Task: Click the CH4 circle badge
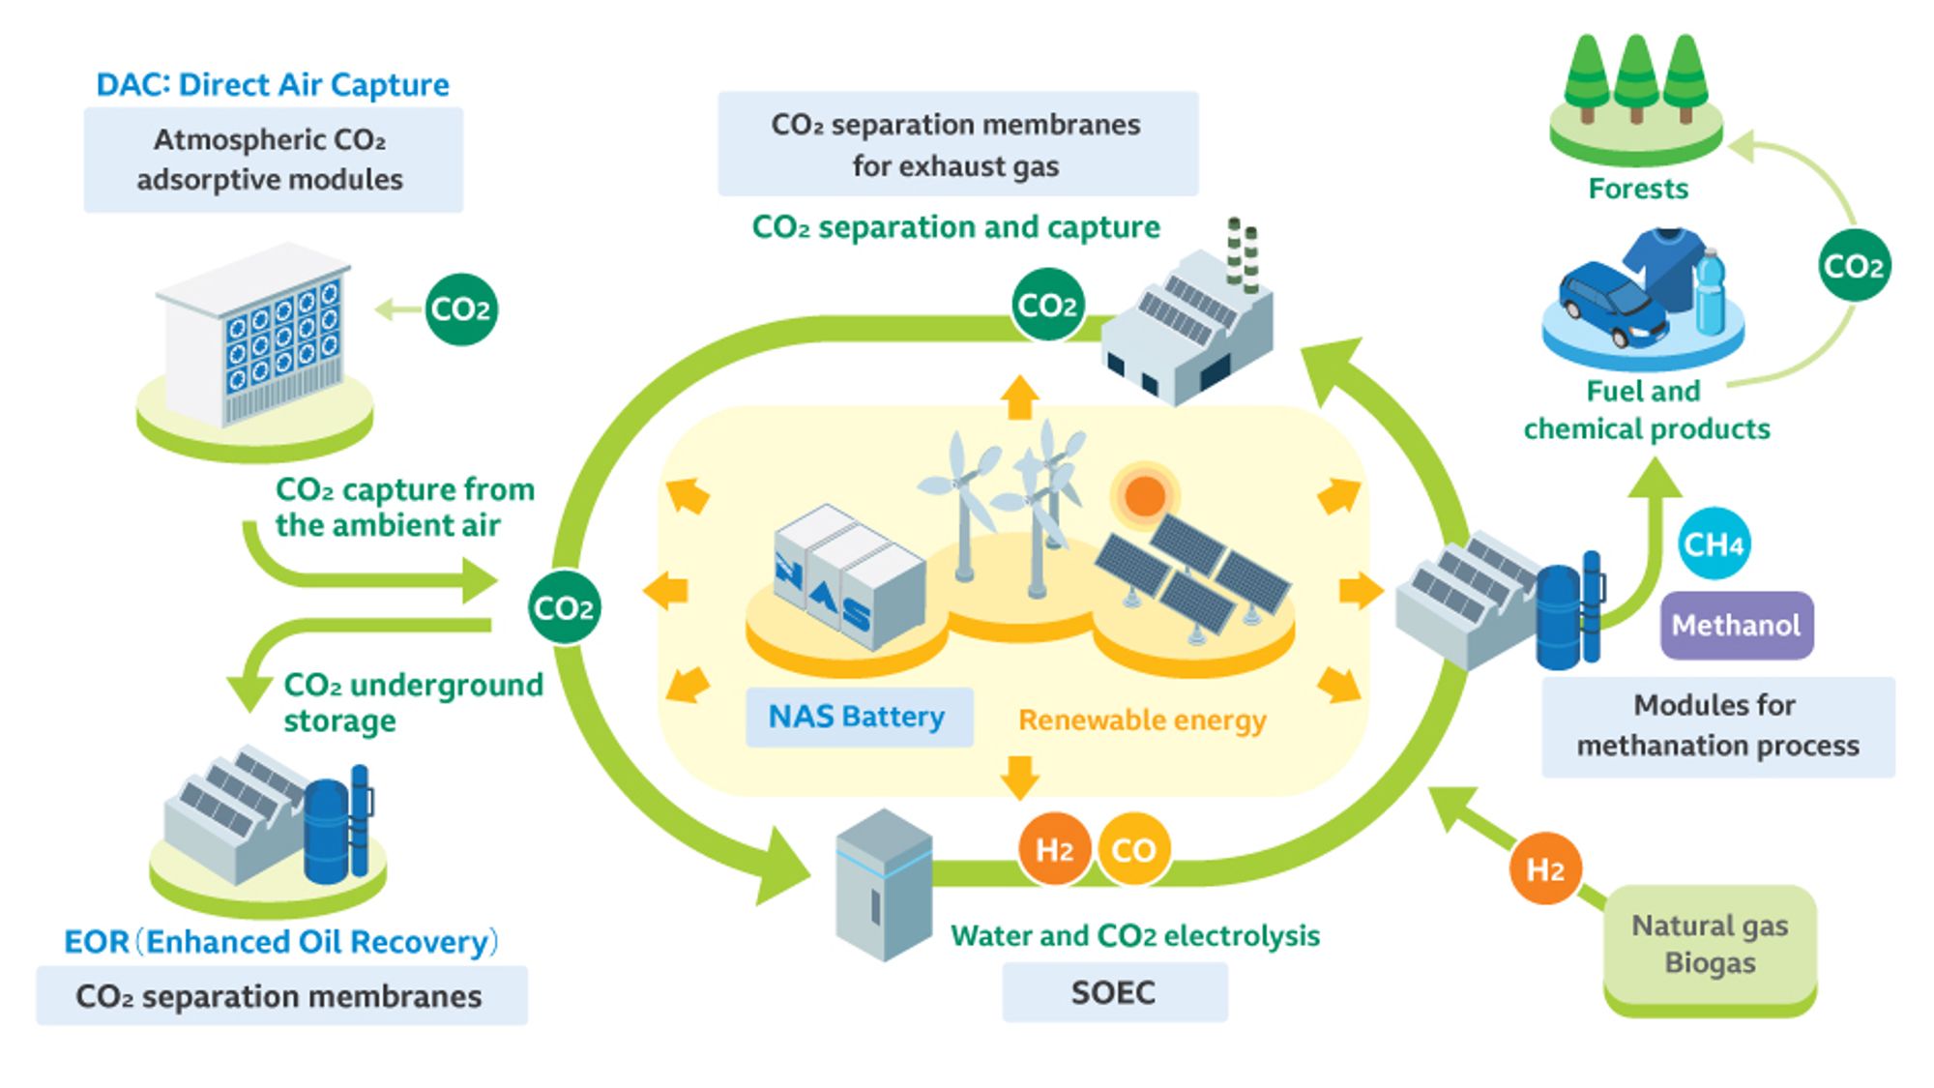pos(1713,544)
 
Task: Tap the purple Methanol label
pos(1736,625)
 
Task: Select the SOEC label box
pos(1114,992)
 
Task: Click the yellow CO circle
pos(1132,849)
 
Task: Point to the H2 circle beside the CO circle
pos(1054,849)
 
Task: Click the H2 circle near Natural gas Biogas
pos(1544,868)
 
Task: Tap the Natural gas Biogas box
pos(1710,945)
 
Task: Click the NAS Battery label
pos(858,717)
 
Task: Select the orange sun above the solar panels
pos(1144,496)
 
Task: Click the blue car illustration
pos(1611,302)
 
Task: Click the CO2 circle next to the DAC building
pos(461,309)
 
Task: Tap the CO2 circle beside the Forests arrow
pos(1853,266)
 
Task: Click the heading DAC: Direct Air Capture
pos(273,85)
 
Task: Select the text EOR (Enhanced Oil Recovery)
pos(280,941)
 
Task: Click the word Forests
pos(1637,189)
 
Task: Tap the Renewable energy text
pos(1142,720)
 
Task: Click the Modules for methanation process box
pos(1717,725)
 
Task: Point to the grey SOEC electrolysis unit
pos(883,885)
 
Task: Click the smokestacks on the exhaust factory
pos(1243,254)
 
